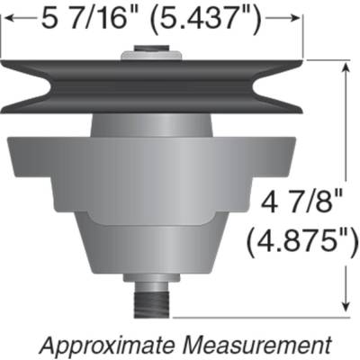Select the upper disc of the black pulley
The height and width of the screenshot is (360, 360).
[153, 71]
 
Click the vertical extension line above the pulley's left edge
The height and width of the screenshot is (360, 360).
[3, 40]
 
